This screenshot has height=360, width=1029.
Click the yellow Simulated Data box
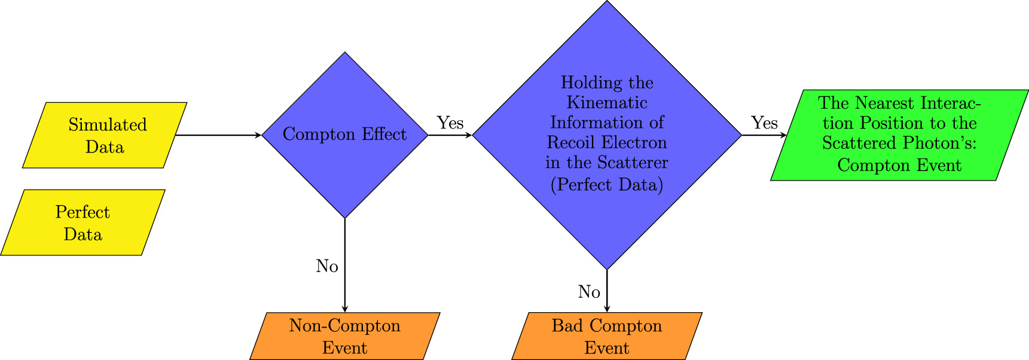coord(105,135)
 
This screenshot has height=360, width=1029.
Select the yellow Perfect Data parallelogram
coord(83,222)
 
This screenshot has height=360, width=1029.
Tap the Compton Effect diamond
coord(344,135)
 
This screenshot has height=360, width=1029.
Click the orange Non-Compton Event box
coord(344,336)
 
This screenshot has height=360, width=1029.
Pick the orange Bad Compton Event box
coord(607,336)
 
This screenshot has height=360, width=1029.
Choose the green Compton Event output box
coord(899,135)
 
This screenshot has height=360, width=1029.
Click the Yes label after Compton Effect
coord(450,123)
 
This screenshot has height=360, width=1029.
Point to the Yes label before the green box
coord(764,123)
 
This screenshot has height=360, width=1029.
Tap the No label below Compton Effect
coord(327,266)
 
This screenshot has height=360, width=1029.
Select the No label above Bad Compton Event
coord(589,292)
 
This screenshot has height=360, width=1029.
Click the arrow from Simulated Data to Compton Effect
coord(218,135)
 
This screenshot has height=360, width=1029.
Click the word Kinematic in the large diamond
coord(607,103)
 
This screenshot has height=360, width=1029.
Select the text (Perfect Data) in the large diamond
coord(607,185)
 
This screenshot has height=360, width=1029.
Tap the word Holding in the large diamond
coord(583,83)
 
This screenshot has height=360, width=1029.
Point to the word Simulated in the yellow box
coord(108,125)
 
